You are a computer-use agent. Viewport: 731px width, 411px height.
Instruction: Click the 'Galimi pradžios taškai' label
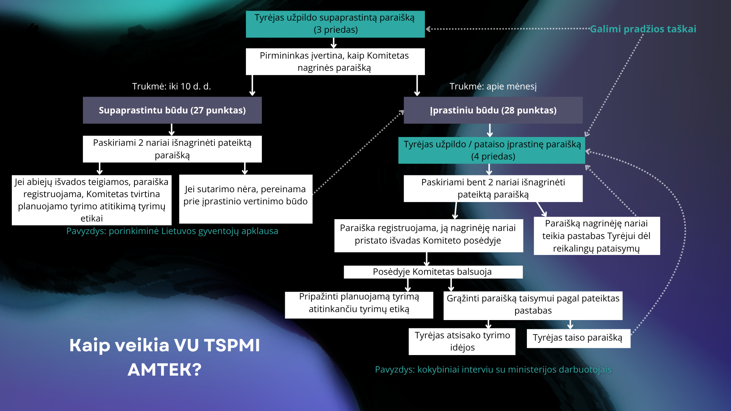[643, 29]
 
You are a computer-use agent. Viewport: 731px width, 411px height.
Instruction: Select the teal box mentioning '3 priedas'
[335, 24]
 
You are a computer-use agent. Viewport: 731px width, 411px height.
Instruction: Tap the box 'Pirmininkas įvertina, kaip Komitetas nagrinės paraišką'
[335, 62]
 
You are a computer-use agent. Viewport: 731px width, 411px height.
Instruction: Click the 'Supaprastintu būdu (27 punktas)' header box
[172, 110]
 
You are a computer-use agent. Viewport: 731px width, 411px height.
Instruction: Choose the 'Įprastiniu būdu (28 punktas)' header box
[493, 110]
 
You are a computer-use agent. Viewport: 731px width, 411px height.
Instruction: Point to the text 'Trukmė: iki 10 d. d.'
[171, 86]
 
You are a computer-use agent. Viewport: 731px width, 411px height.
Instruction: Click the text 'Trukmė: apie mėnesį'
[493, 86]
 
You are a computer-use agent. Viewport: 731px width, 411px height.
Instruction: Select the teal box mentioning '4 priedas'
[492, 150]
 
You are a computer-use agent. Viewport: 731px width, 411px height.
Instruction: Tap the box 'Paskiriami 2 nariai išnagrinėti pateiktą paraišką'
[172, 149]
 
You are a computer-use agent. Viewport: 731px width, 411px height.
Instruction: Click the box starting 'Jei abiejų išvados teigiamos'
[91, 200]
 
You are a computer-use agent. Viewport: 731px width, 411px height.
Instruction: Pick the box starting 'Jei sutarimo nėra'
[246, 199]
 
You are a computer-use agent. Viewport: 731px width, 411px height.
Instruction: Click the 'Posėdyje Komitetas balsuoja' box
[433, 272]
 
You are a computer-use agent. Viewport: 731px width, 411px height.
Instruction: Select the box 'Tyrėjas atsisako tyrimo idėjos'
[462, 341]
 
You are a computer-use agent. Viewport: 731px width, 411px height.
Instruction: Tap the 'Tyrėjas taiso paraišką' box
[578, 338]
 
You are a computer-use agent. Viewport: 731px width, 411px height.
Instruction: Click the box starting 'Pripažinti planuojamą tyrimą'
[359, 304]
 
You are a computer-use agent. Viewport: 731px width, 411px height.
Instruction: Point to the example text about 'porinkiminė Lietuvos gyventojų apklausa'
[172, 231]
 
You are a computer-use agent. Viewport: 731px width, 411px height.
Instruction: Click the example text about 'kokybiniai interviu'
[493, 370]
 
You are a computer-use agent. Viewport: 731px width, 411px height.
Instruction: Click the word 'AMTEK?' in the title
[164, 370]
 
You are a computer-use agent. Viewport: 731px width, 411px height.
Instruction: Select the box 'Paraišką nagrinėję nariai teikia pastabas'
[597, 236]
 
